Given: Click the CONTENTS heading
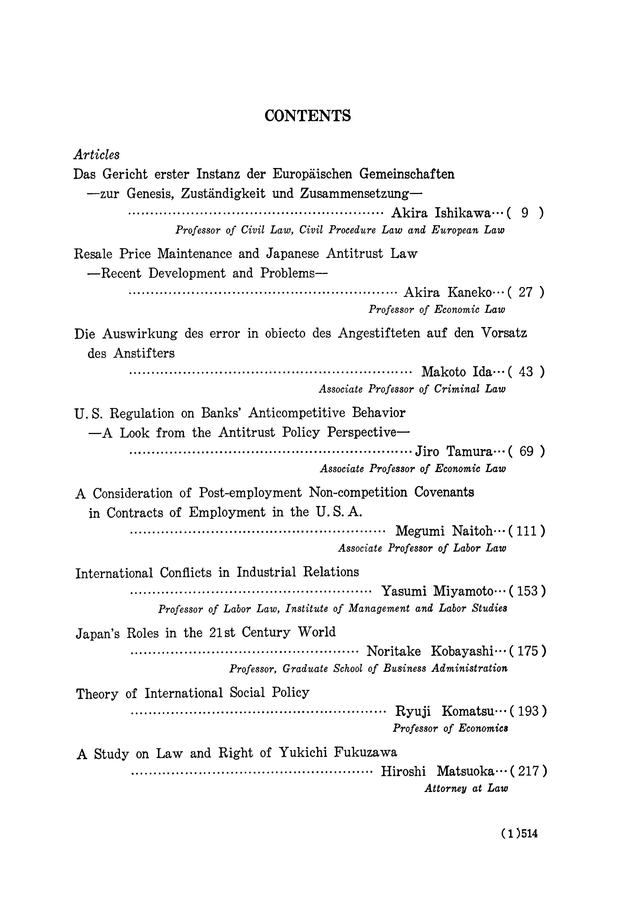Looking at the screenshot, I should point(307,115).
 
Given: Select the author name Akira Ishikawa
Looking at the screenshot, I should point(441,213).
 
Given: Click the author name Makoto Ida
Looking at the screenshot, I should point(457,372).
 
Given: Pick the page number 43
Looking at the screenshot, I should point(526,372).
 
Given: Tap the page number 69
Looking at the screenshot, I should point(526,451).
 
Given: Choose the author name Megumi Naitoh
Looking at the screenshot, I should point(444,531).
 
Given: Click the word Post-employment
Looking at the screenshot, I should point(250,492).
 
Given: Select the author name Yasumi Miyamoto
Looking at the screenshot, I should point(437,591).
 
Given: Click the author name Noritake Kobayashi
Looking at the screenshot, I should point(430,651).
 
